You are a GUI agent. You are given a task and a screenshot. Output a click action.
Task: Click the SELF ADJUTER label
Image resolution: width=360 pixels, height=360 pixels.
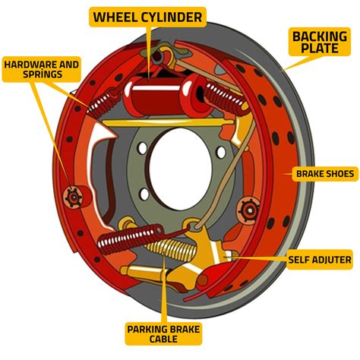[x=319, y=260]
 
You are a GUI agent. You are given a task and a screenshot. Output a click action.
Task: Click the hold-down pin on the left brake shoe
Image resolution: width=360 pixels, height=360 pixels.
[x=74, y=196]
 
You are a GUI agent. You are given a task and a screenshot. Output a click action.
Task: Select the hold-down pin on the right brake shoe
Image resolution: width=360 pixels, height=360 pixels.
[x=246, y=210]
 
